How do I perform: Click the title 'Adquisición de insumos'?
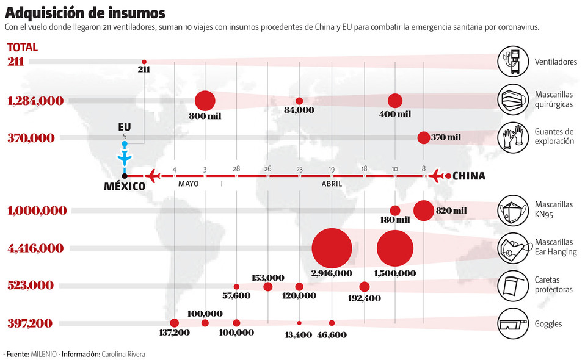click(x=85, y=13)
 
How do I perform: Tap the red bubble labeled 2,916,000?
click(x=332, y=248)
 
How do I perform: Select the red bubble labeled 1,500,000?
click(x=396, y=248)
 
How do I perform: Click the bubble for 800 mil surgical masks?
click(x=205, y=101)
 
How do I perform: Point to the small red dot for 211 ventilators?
click(x=144, y=62)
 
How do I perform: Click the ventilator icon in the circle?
click(x=512, y=62)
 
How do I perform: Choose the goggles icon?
click(x=512, y=323)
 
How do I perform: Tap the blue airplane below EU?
click(x=125, y=158)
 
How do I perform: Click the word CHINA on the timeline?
click(x=468, y=176)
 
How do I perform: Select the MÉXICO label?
click(x=125, y=186)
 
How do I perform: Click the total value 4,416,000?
click(x=35, y=248)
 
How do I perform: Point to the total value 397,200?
click(x=31, y=323)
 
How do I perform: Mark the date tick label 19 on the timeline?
click(x=332, y=169)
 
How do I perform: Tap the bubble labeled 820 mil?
click(x=424, y=211)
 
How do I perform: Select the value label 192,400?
click(x=364, y=298)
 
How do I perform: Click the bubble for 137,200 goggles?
click(x=174, y=323)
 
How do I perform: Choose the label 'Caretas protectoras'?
click(x=554, y=285)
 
